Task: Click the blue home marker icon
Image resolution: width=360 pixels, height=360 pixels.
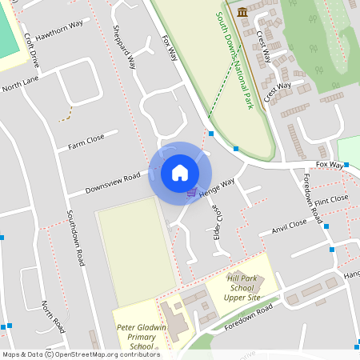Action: (x=180, y=172)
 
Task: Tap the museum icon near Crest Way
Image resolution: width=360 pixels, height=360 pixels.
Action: (x=242, y=11)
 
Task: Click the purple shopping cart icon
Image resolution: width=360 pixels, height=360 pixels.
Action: (x=191, y=191)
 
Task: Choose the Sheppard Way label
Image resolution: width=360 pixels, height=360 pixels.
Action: (x=131, y=50)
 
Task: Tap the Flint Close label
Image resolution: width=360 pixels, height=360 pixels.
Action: (x=331, y=199)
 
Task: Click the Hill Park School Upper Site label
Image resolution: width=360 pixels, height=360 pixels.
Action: (x=242, y=287)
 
